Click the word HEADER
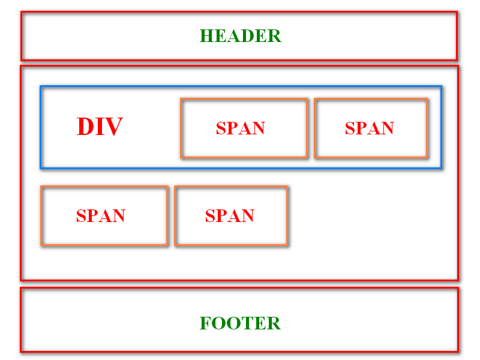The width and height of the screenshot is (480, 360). (x=240, y=36)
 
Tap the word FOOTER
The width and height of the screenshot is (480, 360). (x=240, y=323)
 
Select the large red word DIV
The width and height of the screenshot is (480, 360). (x=100, y=127)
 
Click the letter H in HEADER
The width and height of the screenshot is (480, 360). (x=206, y=36)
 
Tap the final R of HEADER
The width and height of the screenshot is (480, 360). (x=274, y=36)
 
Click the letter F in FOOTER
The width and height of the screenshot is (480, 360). (x=205, y=323)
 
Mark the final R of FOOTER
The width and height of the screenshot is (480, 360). (x=274, y=323)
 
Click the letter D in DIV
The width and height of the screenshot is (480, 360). (x=86, y=127)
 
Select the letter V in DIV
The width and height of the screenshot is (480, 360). (x=115, y=127)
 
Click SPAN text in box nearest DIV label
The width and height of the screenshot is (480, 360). (x=241, y=128)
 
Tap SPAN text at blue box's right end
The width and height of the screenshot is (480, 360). (x=370, y=128)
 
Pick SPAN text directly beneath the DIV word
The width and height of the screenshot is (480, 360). (x=101, y=216)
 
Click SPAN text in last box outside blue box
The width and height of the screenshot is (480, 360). (x=230, y=216)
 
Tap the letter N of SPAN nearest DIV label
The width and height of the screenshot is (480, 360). (x=259, y=128)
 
